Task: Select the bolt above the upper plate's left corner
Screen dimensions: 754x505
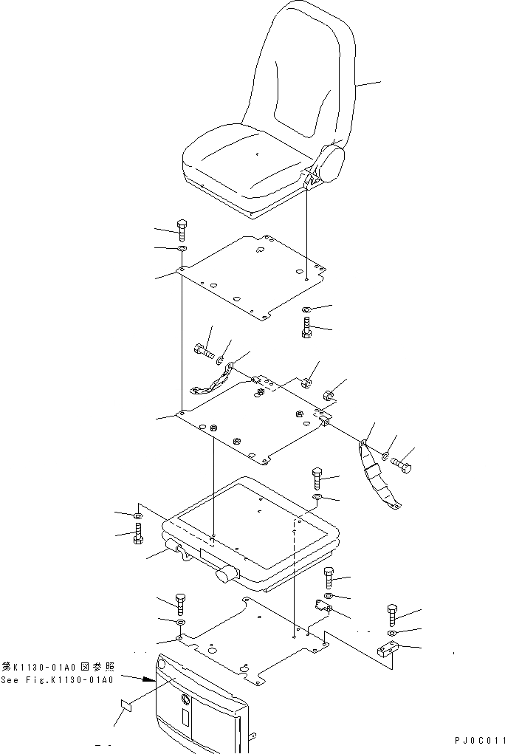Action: (182, 228)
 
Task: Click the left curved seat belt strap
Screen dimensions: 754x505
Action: (210, 384)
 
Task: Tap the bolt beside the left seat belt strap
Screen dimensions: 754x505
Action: (204, 352)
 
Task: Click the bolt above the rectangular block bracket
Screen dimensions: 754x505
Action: (392, 614)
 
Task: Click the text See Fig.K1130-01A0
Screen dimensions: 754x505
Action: (57, 680)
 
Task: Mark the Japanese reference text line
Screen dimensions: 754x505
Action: (57, 666)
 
